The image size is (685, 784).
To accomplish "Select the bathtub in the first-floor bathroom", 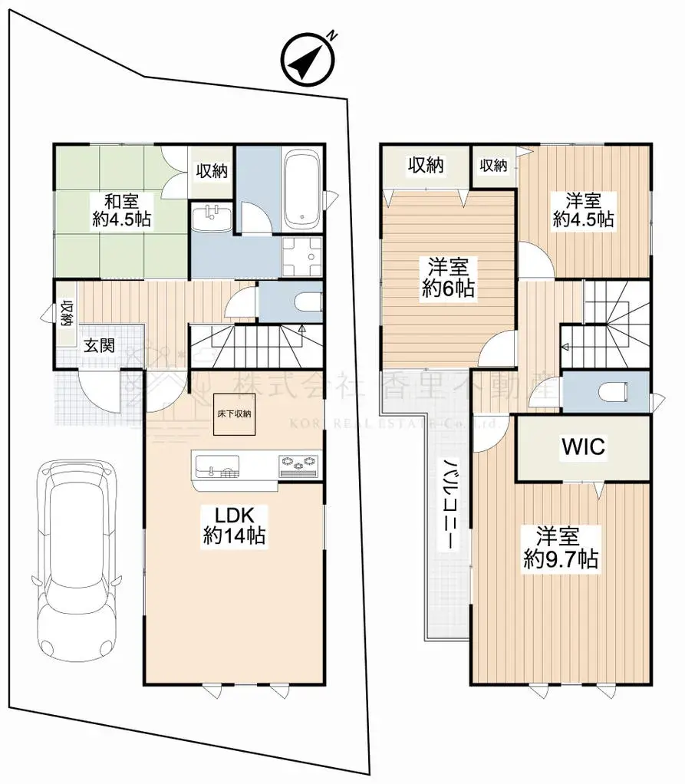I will (301, 188).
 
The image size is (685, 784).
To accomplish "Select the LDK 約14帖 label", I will (233, 525).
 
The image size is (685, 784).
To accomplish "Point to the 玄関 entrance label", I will (99, 345).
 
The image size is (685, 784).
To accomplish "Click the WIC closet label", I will (584, 447).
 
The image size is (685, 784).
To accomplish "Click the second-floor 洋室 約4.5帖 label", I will (583, 209).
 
